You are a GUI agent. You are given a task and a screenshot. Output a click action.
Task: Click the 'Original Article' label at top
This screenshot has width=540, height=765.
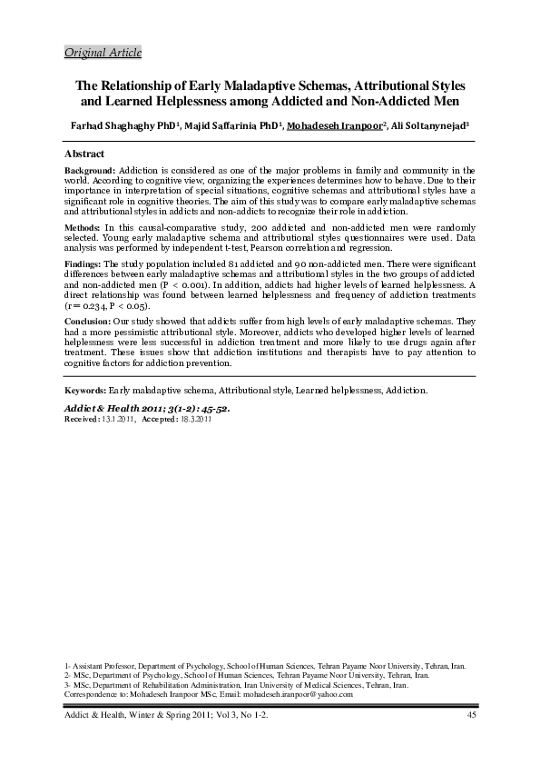pyautogui.click(x=103, y=53)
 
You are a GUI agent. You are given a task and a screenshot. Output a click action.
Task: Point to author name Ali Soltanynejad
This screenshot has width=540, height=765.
pyautogui.click(x=417, y=125)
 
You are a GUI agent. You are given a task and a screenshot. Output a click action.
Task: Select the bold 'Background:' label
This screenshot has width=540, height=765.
pyautogui.click(x=90, y=170)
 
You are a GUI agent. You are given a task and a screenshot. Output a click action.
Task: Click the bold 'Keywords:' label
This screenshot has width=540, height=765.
pyautogui.click(x=86, y=390)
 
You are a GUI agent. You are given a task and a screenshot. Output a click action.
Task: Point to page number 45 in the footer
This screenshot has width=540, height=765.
pyautogui.click(x=471, y=718)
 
